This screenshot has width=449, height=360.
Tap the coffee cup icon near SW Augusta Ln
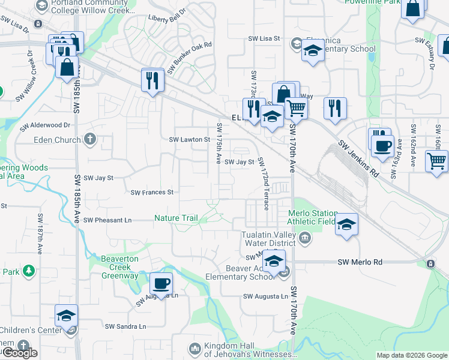click(x=160, y=283)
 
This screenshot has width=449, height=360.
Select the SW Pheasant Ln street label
click(x=107, y=220)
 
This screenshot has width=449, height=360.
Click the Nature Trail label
click(x=176, y=218)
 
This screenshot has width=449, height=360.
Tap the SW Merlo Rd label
click(x=360, y=262)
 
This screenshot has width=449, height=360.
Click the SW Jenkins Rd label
click(x=359, y=155)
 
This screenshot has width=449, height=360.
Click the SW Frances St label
click(x=152, y=193)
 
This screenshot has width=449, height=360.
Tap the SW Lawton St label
click(x=189, y=139)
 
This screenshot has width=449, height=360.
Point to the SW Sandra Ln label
click(x=125, y=326)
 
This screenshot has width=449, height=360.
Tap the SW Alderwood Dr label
click(x=45, y=126)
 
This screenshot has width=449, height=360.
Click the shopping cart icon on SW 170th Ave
click(x=295, y=109)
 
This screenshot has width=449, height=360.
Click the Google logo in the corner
click(x=19, y=353)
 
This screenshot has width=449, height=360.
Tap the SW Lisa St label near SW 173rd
click(x=265, y=38)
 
